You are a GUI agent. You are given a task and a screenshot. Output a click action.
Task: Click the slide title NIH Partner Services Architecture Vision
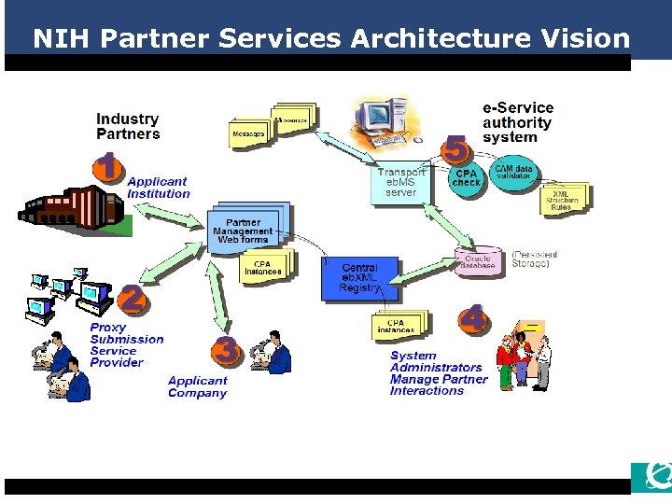(x=331, y=38)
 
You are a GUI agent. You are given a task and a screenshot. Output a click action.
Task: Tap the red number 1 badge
(x=108, y=167)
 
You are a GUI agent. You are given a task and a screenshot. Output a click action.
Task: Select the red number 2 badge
(x=132, y=300)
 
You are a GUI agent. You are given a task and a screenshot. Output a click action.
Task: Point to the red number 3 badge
(x=226, y=350)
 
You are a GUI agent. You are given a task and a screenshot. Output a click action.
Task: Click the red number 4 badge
(x=473, y=319)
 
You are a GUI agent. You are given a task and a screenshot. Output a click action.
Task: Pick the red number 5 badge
(x=455, y=148)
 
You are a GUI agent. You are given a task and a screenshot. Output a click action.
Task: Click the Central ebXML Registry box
(x=359, y=278)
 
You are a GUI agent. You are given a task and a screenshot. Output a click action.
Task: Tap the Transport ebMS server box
(x=401, y=183)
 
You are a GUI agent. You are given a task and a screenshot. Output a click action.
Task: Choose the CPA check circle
(x=466, y=177)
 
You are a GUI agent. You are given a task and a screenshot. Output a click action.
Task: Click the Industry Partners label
(x=128, y=126)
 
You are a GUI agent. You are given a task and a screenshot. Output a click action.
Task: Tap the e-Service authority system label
(x=517, y=122)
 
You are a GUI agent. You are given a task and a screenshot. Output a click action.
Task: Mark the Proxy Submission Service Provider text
(x=127, y=345)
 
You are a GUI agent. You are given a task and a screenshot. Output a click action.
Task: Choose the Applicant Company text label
(x=197, y=386)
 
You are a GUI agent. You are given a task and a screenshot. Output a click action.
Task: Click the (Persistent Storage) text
(x=535, y=259)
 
